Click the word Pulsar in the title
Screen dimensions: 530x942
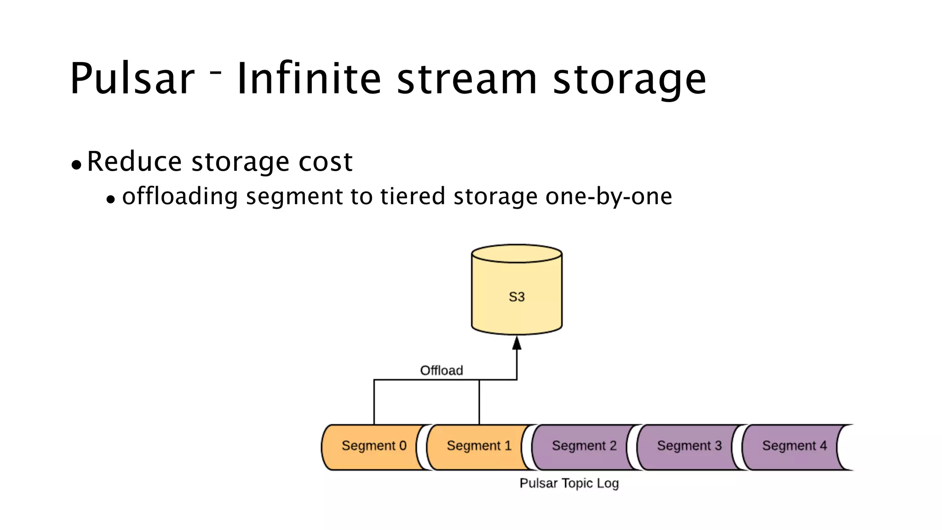tap(132, 79)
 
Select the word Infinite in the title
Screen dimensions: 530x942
tap(309, 79)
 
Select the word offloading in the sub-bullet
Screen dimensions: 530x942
tap(180, 197)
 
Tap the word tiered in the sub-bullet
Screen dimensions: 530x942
tap(413, 196)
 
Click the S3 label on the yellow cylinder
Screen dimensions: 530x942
tap(517, 297)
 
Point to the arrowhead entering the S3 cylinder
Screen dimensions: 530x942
tap(517, 343)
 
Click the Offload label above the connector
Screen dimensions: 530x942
tap(441, 370)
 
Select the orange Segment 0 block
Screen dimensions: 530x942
tap(373, 446)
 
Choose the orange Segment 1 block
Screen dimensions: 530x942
tap(478, 446)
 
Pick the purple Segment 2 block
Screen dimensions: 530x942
tap(584, 446)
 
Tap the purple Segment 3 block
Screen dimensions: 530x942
tap(689, 446)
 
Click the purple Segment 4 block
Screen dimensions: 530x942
tap(794, 446)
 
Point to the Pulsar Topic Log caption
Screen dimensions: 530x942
tap(569, 483)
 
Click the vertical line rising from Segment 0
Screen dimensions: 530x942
tap(374, 403)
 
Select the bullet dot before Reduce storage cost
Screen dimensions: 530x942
tap(76, 165)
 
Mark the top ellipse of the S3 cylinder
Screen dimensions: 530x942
tap(517, 253)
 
